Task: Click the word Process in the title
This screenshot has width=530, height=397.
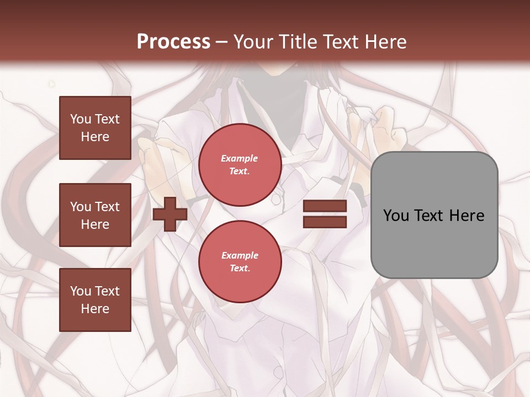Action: tap(173, 42)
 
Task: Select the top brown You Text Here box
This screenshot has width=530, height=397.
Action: tap(95, 128)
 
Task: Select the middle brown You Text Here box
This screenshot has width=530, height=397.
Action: tap(95, 215)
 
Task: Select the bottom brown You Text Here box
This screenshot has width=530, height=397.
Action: tap(95, 299)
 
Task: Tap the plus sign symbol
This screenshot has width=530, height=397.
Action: tap(170, 213)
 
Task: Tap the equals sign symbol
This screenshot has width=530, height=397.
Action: tap(325, 214)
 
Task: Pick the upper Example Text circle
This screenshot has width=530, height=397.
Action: tap(240, 164)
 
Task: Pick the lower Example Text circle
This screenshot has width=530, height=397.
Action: tap(240, 261)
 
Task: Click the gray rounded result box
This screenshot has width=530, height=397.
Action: tap(434, 214)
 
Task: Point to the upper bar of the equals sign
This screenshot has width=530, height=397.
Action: tap(325, 206)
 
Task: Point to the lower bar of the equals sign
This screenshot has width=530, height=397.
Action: tap(325, 222)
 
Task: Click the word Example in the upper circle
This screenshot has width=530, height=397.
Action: tap(240, 158)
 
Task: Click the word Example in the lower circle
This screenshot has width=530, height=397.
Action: tap(240, 255)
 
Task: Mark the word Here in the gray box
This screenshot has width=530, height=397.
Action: tap(467, 215)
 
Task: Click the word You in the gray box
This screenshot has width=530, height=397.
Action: tap(396, 215)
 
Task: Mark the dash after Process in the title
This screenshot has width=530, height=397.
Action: tap(222, 42)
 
